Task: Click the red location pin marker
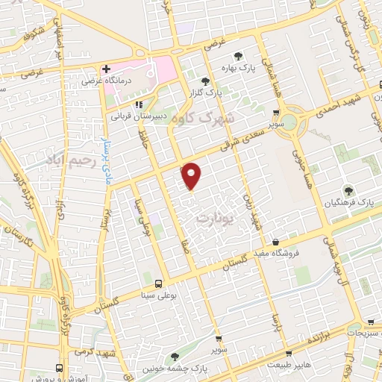coord(192,176)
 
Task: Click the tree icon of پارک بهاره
coord(238,55)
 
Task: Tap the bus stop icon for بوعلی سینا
coord(158,283)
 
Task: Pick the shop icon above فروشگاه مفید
coord(277,242)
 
